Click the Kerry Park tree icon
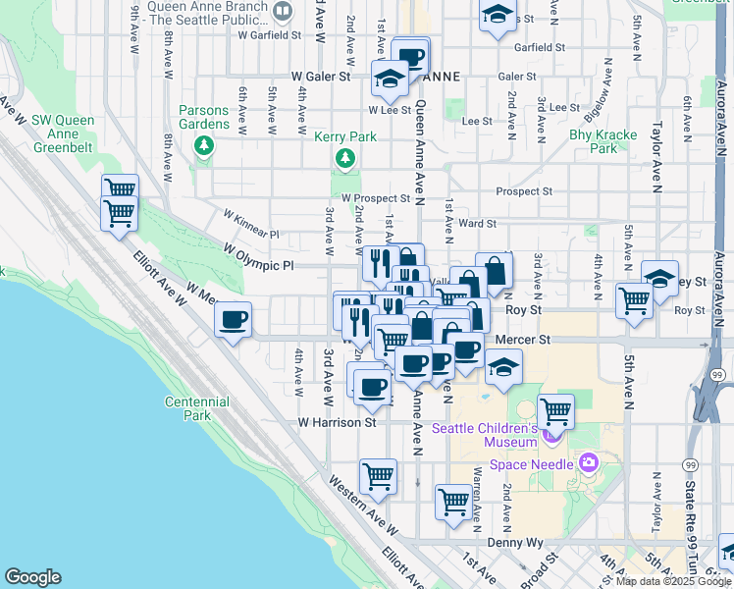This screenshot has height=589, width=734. click(344, 158)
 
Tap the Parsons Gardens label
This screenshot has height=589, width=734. click(204, 117)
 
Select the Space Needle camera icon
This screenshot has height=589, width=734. click(589, 461)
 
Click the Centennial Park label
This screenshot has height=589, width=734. click(197, 408)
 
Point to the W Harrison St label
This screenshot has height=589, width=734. click(338, 422)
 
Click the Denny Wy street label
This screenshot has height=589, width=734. click(515, 542)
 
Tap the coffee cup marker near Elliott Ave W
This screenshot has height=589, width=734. click(234, 320)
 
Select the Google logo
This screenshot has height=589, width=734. click(32, 577)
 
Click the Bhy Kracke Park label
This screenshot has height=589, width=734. click(603, 141)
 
